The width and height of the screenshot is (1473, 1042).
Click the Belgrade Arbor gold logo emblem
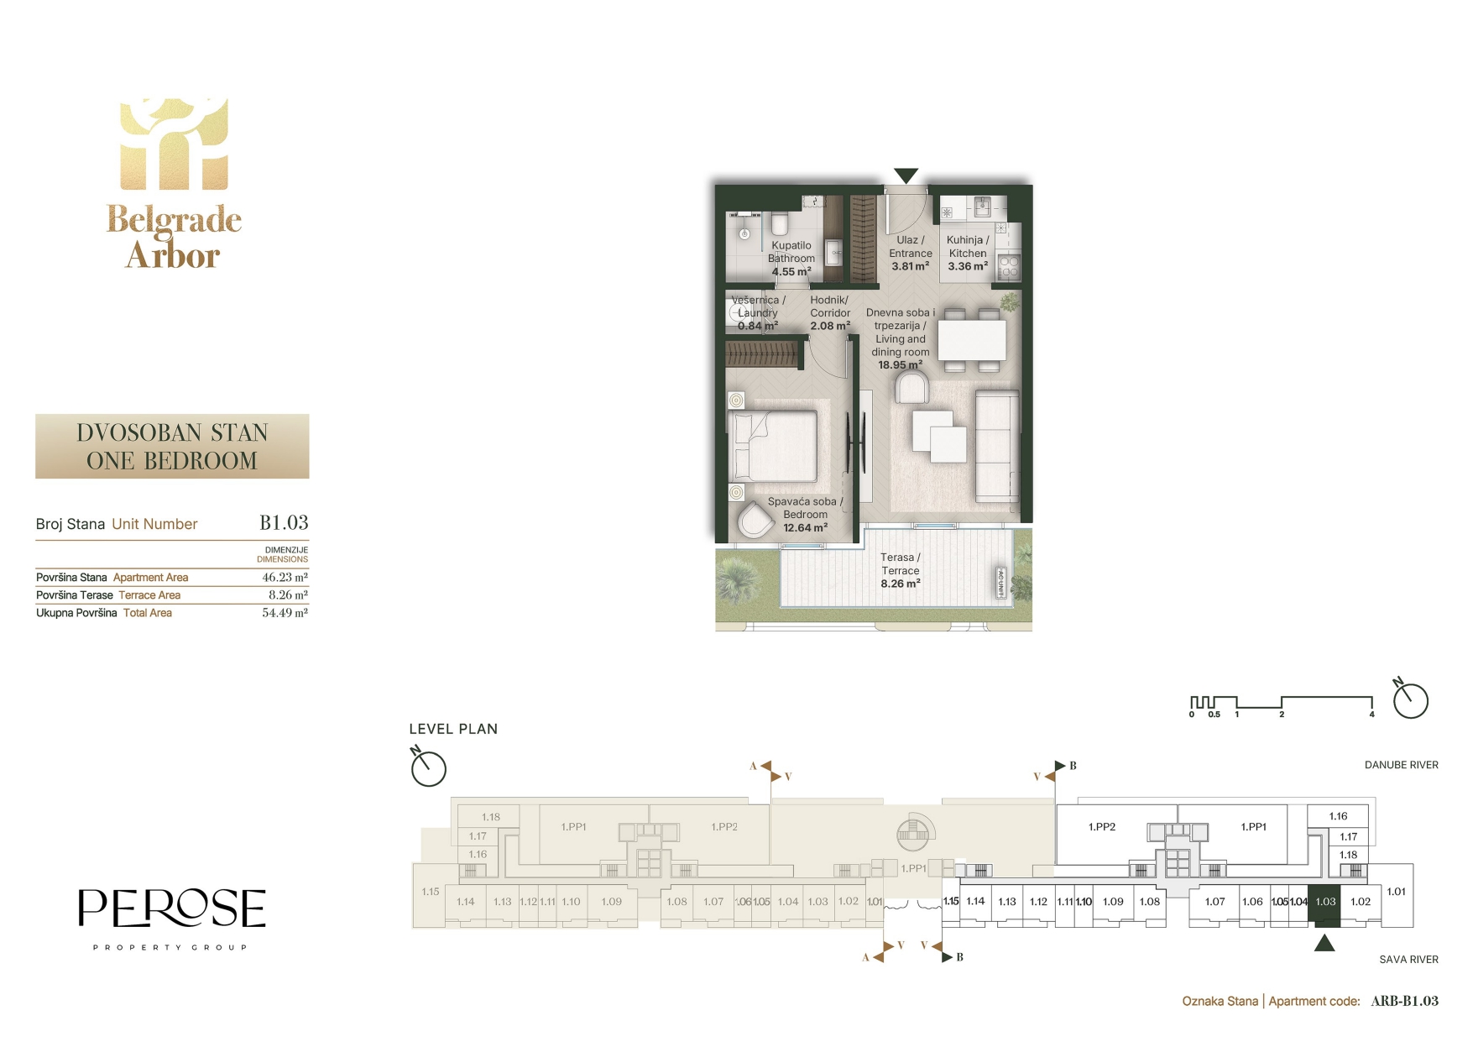(x=174, y=144)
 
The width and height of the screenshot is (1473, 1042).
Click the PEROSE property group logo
(x=172, y=919)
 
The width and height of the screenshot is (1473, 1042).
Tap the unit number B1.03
(x=284, y=523)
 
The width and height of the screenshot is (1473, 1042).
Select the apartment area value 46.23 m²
(x=285, y=578)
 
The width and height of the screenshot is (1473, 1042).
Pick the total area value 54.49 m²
(x=285, y=613)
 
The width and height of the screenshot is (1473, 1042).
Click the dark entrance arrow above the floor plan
(x=906, y=175)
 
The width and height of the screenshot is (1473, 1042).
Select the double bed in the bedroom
(x=773, y=446)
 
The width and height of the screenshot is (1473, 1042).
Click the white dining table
(x=972, y=340)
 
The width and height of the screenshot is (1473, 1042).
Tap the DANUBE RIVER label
(x=1401, y=765)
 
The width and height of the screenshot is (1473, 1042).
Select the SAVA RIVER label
(x=1408, y=959)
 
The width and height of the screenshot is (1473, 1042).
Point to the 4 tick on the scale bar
(x=1371, y=715)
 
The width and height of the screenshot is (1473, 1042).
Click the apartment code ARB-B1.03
(x=1404, y=1001)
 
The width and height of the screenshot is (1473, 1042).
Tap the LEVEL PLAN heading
(x=453, y=729)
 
